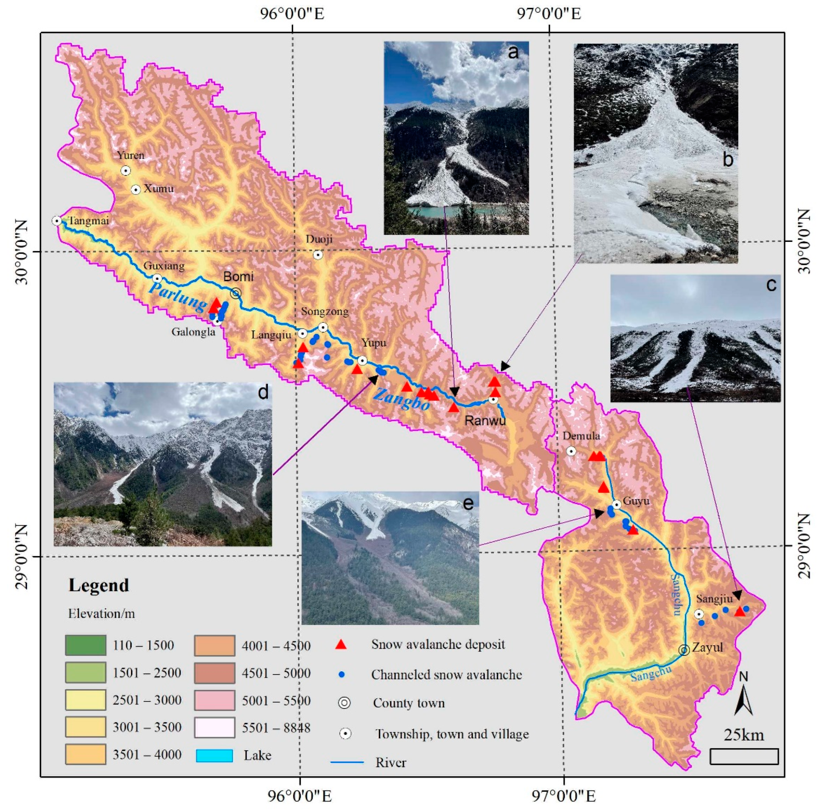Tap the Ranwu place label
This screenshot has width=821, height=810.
[x=485, y=421]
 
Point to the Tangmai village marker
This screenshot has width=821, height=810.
[x=57, y=220]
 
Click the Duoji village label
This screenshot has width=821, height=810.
[x=319, y=239]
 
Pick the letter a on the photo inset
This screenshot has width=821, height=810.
[x=513, y=52]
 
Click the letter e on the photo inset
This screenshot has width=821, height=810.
[x=468, y=503]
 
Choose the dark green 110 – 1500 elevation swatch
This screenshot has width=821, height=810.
[x=85, y=645]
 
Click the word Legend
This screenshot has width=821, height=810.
[x=99, y=586]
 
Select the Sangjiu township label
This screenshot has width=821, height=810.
[x=714, y=599]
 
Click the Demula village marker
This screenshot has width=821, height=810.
[x=571, y=451]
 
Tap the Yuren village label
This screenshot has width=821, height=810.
[x=130, y=155]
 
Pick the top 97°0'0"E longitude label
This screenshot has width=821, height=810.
[x=549, y=14]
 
